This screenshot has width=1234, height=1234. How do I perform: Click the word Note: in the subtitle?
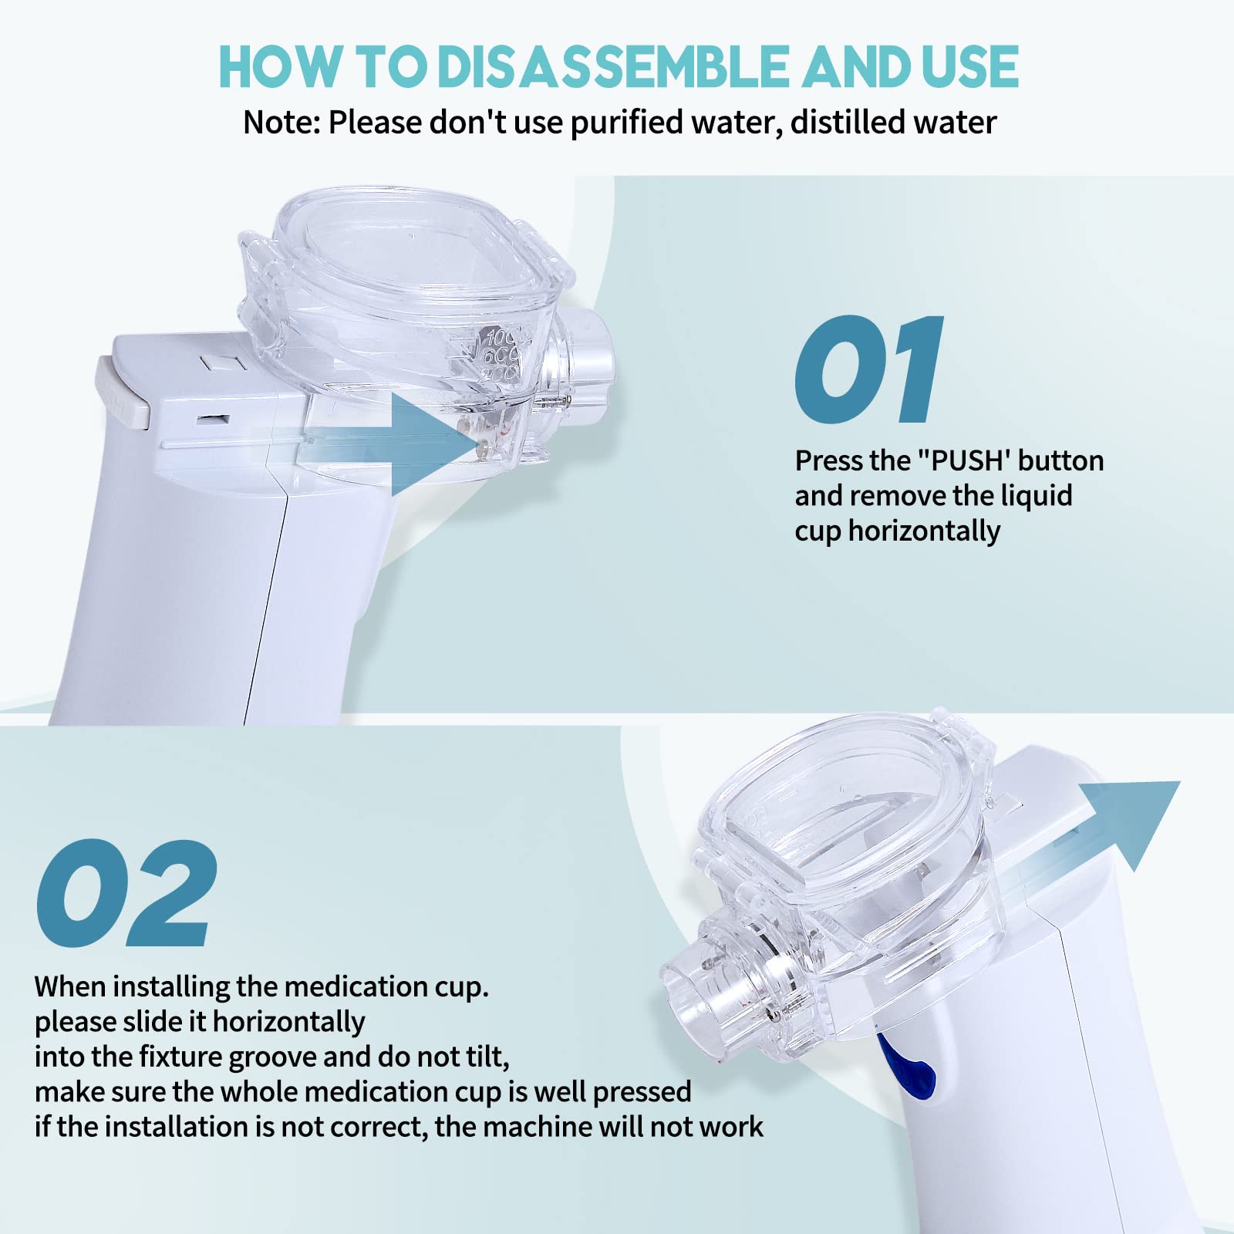[282, 123]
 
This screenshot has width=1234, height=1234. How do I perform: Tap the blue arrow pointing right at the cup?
[401, 443]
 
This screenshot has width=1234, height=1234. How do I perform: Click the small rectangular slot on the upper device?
[212, 419]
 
